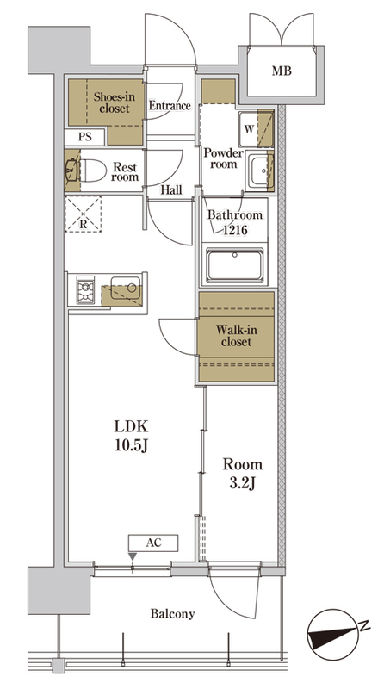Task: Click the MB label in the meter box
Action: (282, 71)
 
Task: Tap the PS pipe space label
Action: (85, 137)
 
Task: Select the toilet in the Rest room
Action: (93, 170)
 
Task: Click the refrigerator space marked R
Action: (83, 214)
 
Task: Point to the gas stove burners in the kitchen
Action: (85, 290)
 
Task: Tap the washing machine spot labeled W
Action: (249, 129)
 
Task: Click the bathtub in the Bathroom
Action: (236, 265)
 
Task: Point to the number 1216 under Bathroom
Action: (235, 229)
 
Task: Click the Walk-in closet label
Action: (237, 335)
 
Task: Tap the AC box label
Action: (154, 543)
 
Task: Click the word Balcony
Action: (173, 613)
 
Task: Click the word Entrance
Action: (170, 106)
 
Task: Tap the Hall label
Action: (171, 190)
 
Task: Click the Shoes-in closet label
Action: (115, 102)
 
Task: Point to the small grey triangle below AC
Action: (133, 556)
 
